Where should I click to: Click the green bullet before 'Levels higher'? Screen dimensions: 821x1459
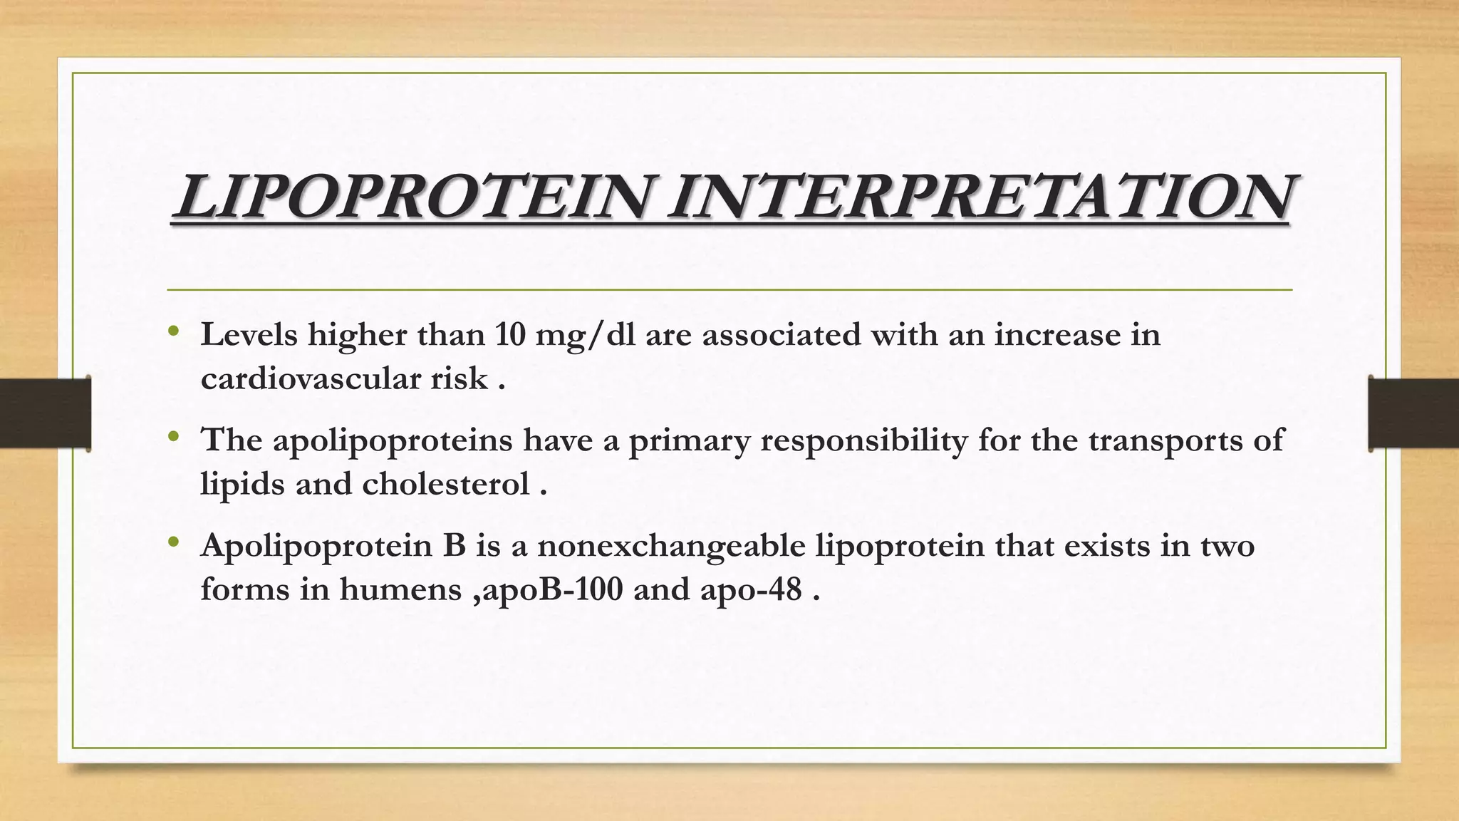click(x=173, y=331)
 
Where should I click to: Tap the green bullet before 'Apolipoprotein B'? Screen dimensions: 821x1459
click(x=173, y=543)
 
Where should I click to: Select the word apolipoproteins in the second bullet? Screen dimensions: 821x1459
click(x=393, y=441)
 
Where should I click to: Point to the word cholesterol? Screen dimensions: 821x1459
click(x=446, y=485)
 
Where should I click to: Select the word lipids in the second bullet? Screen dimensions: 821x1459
click(x=241, y=485)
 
